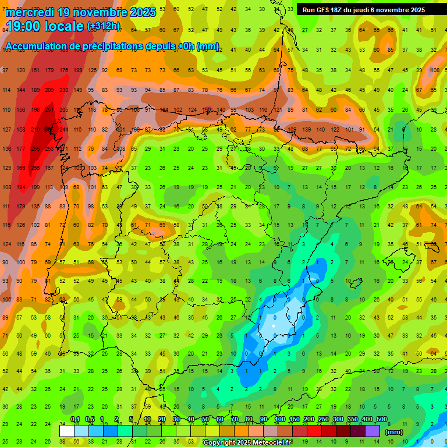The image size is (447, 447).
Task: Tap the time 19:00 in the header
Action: click(x=26, y=26)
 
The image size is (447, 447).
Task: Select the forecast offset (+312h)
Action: click(x=104, y=26)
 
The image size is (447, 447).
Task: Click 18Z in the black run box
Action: click(x=336, y=10)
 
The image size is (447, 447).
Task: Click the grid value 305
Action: click(x=49, y=129)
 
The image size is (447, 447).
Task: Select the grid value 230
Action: click(x=63, y=90)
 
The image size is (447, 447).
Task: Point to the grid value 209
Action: click(x=49, y=90)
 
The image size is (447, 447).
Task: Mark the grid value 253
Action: click(x=49, y=149)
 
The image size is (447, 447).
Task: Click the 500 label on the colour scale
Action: click(x=382, y=420)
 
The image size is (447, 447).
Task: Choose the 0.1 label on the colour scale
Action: click(x=75, y=420)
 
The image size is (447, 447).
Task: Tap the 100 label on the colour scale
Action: click(x=279, y=420)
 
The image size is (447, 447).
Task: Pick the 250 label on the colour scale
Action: click(x=323, y=420)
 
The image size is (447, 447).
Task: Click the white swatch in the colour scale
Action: click(x=67, y=431)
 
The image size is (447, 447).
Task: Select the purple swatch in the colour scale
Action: click(x=373, y=431)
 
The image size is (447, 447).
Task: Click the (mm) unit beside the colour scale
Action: click(x=394, y=432)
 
